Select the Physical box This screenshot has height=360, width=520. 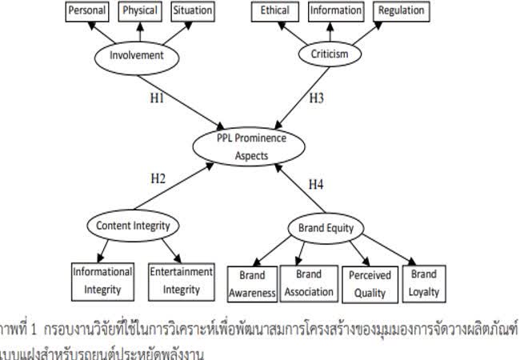[x=140, y=11]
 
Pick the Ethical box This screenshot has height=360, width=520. [x=275, y=11]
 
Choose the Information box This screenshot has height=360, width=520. [x=334, y=11]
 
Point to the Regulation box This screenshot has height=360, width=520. [x=402, y=11]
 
